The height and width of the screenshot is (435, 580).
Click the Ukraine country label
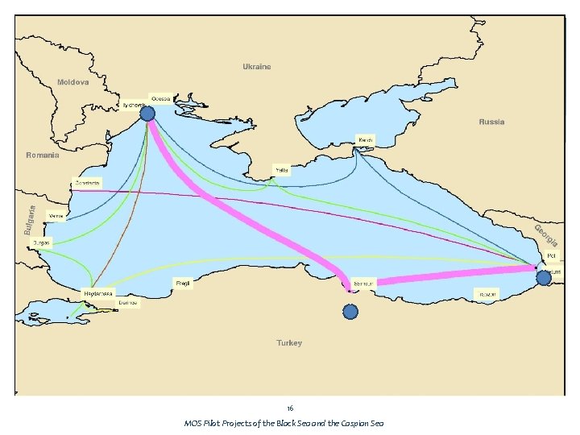257,67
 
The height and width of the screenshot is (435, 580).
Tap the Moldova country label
72,82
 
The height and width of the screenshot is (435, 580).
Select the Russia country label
491,122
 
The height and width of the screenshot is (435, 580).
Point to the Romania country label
43,155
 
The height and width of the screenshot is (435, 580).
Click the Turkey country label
289,343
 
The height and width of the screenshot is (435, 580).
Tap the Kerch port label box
366,140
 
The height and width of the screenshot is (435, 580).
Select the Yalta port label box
282,170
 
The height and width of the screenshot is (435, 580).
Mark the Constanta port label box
87,182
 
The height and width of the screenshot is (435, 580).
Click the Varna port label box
57,216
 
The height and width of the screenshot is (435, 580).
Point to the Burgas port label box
41,242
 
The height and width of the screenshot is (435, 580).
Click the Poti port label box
552,256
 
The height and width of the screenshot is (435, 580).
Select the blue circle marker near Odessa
147,114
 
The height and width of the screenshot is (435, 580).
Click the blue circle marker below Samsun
350,312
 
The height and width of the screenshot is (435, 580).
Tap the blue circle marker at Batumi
544,277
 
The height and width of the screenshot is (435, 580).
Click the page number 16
290,408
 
